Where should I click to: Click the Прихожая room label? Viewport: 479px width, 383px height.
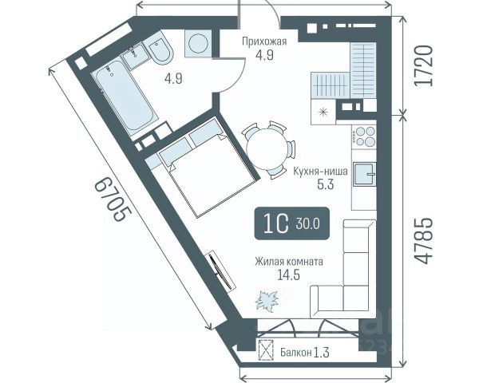[264, 41]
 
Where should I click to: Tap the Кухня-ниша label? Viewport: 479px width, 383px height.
[320, 171]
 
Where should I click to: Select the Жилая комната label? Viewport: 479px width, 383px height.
[289, 262]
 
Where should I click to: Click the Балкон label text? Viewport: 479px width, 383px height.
[296, 353]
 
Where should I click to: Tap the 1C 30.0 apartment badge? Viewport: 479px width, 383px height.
[292, 223]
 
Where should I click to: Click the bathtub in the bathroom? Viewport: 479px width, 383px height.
[124, 96]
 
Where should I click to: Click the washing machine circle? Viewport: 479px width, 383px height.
[198, 43]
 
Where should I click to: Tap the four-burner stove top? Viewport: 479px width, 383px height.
[363, 136]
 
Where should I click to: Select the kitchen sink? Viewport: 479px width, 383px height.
[364, 175]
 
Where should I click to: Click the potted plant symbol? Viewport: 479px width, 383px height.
[267, 302]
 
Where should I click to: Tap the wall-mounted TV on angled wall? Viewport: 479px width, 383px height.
[223, 270]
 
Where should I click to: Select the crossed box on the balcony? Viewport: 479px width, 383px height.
[265, 350]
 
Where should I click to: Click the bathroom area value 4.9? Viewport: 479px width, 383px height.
[173, 79]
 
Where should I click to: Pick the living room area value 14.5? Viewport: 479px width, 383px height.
[288, 274]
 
